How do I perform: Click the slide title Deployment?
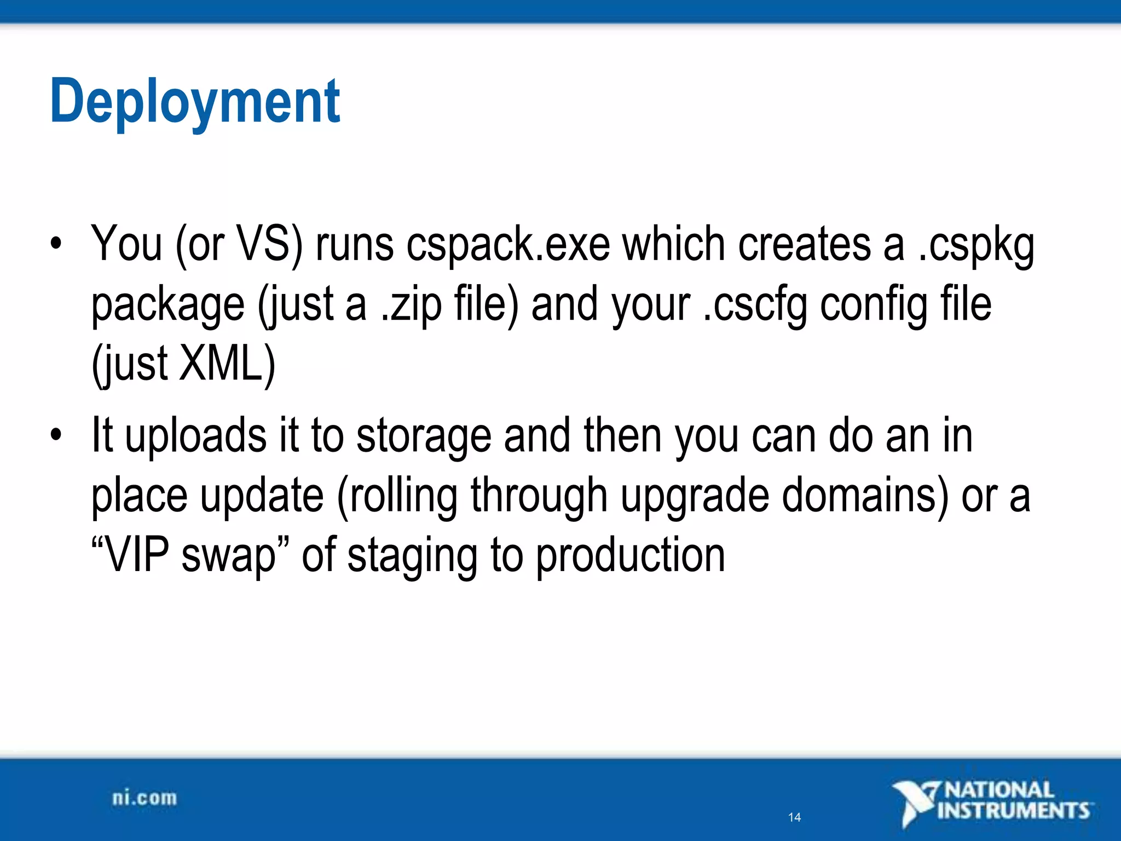pyautogui.click(x=195, y=102)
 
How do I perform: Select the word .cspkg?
pyautogui.click(x=976, y=245)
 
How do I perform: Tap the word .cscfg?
pyautogui.click(x=755, y=305)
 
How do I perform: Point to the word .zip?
pyautogui.click(x=411, y=305)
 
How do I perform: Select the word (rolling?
pyautogui.click(x=397, y=496)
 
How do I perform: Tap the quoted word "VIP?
pyautogui.click(x=130, y=556)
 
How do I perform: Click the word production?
pyautogui.click(x=630, y=556)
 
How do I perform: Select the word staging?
pyautogui.click(x=412, y=556)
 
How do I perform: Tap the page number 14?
pyautogui.click(x=794, y=817)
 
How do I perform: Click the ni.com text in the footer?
pyautogui.click(x=145, y=798)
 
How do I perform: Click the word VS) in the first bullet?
pyautogui.click(x=269, y=245)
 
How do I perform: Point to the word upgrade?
pyautogui.click(x=695, y=496)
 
